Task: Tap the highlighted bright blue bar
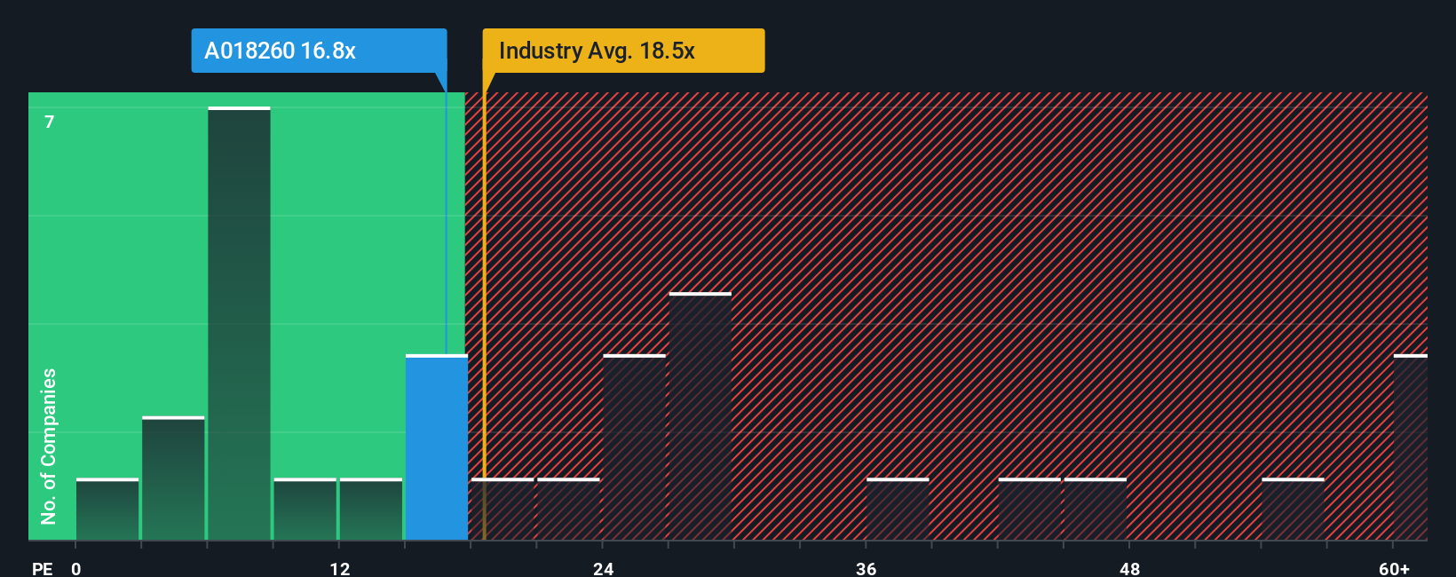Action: [x=436, y=447]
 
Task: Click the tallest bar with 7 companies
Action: [x=239, y=324]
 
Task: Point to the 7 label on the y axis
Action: [x=50, y=122]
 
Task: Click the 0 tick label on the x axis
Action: [x=76, y=568]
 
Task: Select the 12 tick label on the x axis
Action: [x=340, y=568]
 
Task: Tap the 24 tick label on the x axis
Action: [x=604, y=568]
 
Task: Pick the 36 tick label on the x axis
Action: [x=866, y=568]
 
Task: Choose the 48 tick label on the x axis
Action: [x=1130, y=568]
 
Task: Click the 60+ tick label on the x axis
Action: [x=1394, y=568]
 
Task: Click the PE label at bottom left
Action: [x=42, y=568]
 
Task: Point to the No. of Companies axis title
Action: [x=49, y=446]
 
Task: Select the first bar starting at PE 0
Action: [x=107, y=510]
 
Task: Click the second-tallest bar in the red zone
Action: [x=634, y=447]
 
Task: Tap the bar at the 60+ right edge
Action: [x=1410, y=447]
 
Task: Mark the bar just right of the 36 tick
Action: [x=898, y=510]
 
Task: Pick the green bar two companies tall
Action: [x=173, y=478]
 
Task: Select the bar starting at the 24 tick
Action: [x=634, y=447]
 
